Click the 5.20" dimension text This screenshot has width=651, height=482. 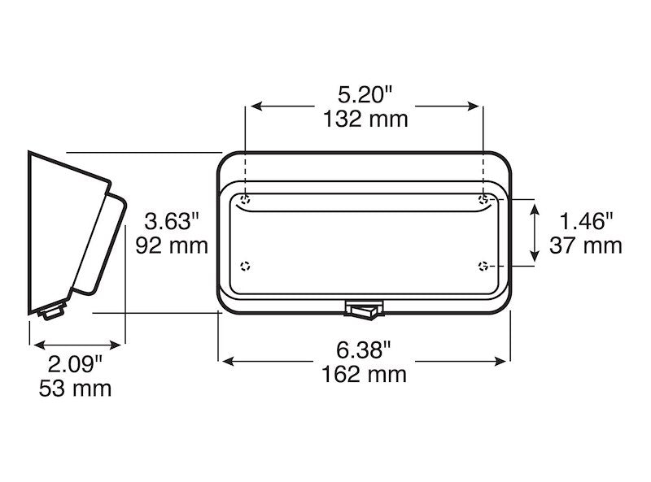click(x=364, y=94)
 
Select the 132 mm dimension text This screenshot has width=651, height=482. click(x=364, y=119)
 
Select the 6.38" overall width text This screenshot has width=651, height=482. click(x=364, y=350)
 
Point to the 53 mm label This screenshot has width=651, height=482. click(x=75, y=388)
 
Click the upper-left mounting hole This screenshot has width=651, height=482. click(x=247, y=199)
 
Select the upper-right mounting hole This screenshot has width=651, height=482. click(x=483, y=199)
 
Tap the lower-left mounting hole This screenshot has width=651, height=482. click(x=247, y=266)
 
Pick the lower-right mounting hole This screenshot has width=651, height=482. click(x=483, y=266)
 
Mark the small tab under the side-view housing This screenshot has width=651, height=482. click(x=52, y=310)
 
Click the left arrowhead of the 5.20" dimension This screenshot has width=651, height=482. click(x=253, y=106)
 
